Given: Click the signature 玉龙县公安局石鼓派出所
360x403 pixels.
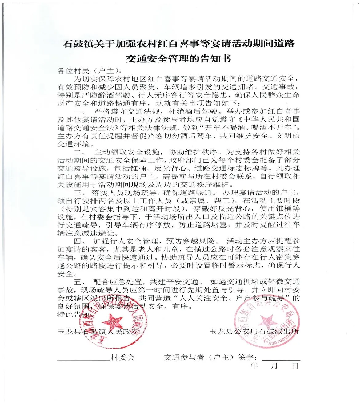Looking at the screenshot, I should tap(254, 331).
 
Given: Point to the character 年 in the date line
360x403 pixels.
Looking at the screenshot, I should tap(254, 366).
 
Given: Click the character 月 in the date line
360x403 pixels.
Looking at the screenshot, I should tap(274, 366).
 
